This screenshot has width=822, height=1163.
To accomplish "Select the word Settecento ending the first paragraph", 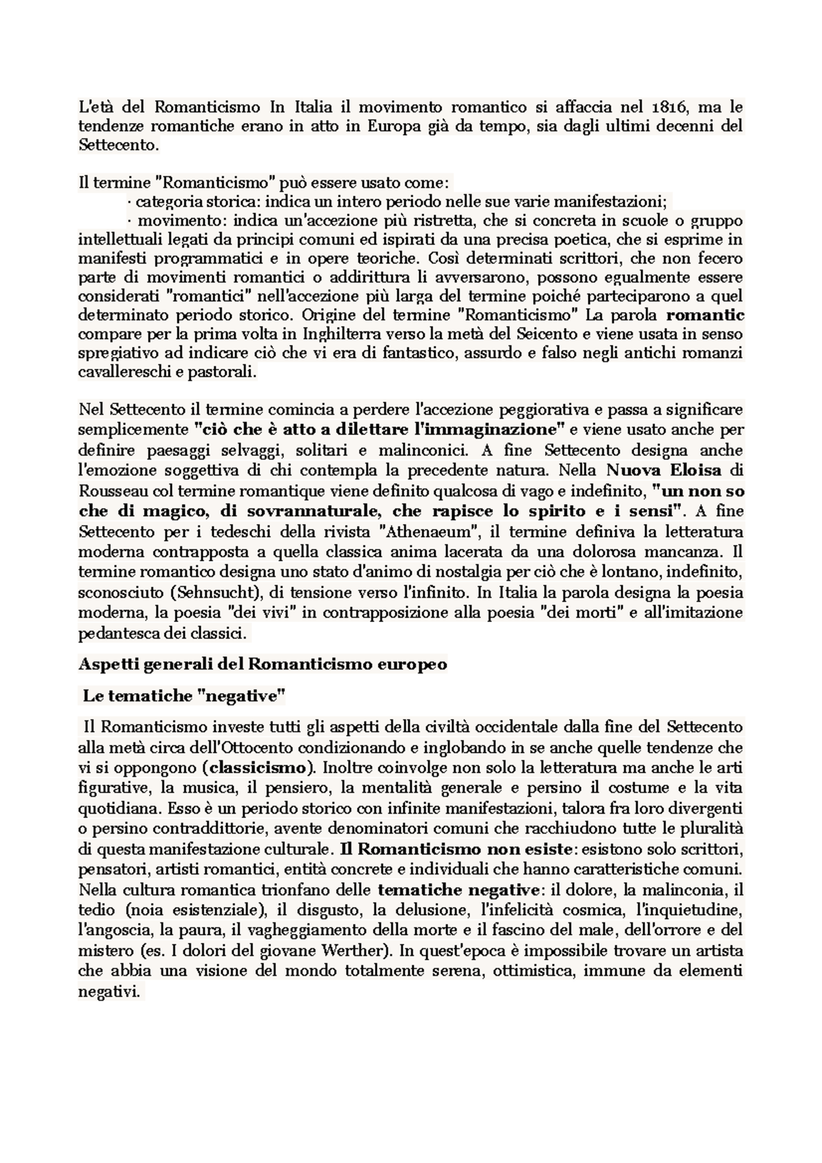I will (117, 145).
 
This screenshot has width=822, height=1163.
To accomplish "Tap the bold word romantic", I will (705, 316).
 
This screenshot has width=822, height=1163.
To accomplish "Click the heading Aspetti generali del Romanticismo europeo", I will (263, 664).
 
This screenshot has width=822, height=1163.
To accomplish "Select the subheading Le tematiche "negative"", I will (183, 696).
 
